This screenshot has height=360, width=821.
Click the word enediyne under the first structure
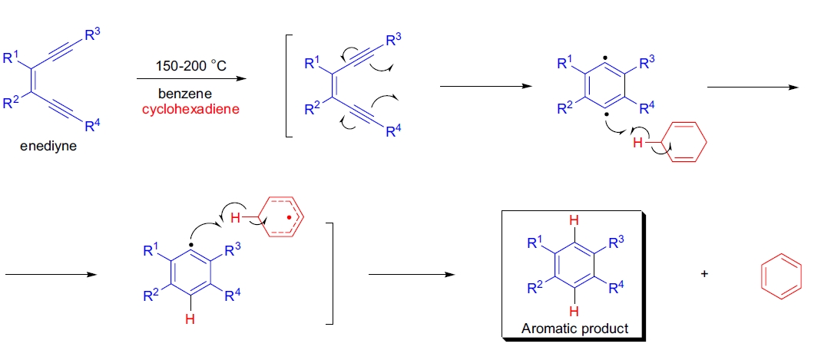pyautogui.click(x=48, y=147)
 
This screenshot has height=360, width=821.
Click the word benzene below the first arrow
pyautogui.click(x=176, y=93)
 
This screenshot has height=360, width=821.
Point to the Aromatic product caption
pyautogui.click(x=574, y=328)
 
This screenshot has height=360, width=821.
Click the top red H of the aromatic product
pyautogui.click(x=574, y=223)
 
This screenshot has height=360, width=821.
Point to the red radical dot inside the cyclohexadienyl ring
pyautogui.click(x=289, y=217)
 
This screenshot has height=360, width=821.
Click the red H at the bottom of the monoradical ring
pyautogui.click(x=190, y=321)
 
